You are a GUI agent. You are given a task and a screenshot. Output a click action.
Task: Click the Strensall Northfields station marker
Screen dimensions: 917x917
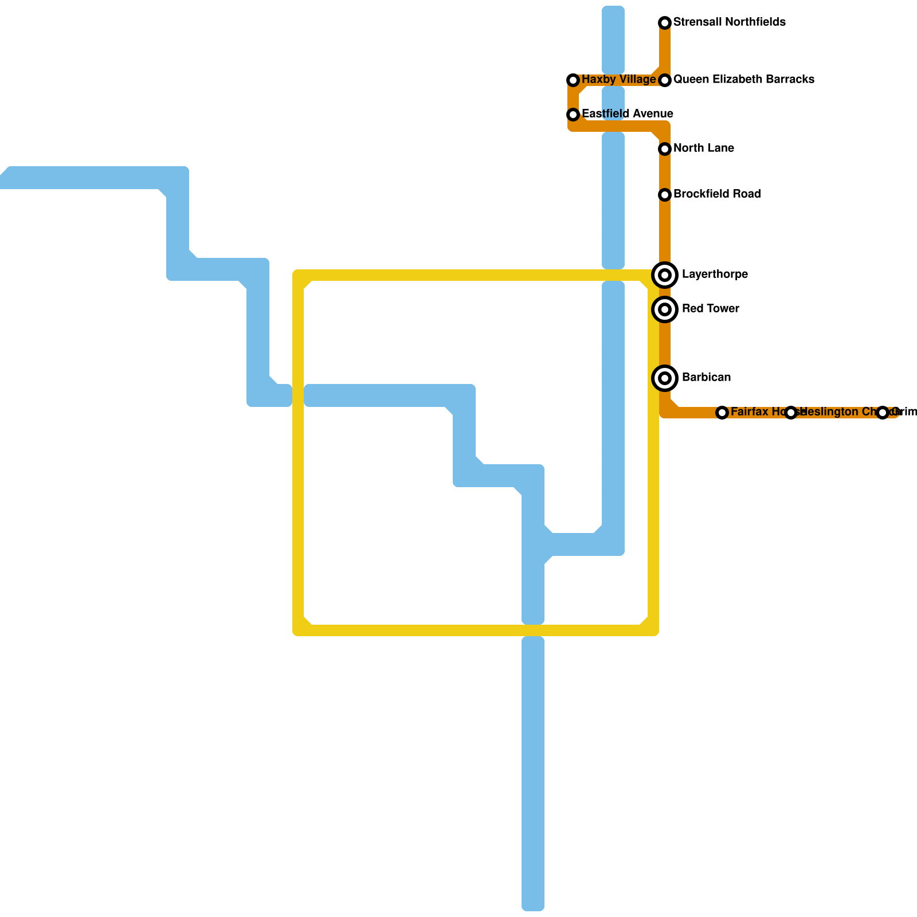pyautogui.click(x=665, y=23)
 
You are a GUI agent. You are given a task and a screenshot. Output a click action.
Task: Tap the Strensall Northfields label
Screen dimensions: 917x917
pyautogui.click(x=729, y=22)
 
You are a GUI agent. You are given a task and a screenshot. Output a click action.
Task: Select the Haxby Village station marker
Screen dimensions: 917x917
pyautogui.click(x=573, y=80)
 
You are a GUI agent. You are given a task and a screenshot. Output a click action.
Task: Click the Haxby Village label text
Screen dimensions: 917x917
pyautogui.click(x=618, y=80)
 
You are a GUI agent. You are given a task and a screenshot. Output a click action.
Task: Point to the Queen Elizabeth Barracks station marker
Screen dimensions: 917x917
pyautogui.click(x=665, y=80)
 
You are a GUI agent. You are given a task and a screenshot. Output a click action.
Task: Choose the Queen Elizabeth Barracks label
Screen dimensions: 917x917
pyautogui.click(x=743, y=80)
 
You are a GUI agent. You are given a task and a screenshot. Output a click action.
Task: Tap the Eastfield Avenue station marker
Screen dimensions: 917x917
pyautogui.click(x=573, y=115)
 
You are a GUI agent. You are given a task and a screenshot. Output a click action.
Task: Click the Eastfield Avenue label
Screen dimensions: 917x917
pyautogui.click(x=627, y=114)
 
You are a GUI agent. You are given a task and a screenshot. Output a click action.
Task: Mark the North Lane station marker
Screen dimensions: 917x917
pyautogui.click(x=665, y=149)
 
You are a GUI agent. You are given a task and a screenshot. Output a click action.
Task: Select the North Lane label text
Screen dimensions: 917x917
pyautogui.click(x=703, y=148)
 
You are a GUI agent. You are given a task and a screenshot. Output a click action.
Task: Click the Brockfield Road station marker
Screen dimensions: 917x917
pyautogui.click(x=665, y=195)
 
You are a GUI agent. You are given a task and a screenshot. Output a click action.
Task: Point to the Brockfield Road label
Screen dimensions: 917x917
pyautogui.click(x=716, y=194)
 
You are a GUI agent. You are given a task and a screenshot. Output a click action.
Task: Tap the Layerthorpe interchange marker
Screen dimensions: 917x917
pyautogui.click(x=665, y=275)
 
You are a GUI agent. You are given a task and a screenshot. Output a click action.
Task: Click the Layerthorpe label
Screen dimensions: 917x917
pyautogui.click(x=715, y=275)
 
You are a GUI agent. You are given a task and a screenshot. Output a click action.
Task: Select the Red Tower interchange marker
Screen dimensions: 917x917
pyautogui.click(x=665, y=309)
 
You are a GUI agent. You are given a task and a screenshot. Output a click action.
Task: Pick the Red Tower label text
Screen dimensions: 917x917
pyautogui.click(x=710, y=309)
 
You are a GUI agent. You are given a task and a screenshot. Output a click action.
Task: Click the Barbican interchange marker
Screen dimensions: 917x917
pyautogui.click(x=665, y=378)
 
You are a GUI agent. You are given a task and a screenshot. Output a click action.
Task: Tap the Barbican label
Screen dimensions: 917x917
pyautogui.click(x=706, y=378)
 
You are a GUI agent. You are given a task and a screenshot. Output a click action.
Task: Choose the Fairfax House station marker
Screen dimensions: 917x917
pyautogui.click(x=722, y=413)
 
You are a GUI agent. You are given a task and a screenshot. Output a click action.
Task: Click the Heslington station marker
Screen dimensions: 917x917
pyautogui.click(x=791, y=413)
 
